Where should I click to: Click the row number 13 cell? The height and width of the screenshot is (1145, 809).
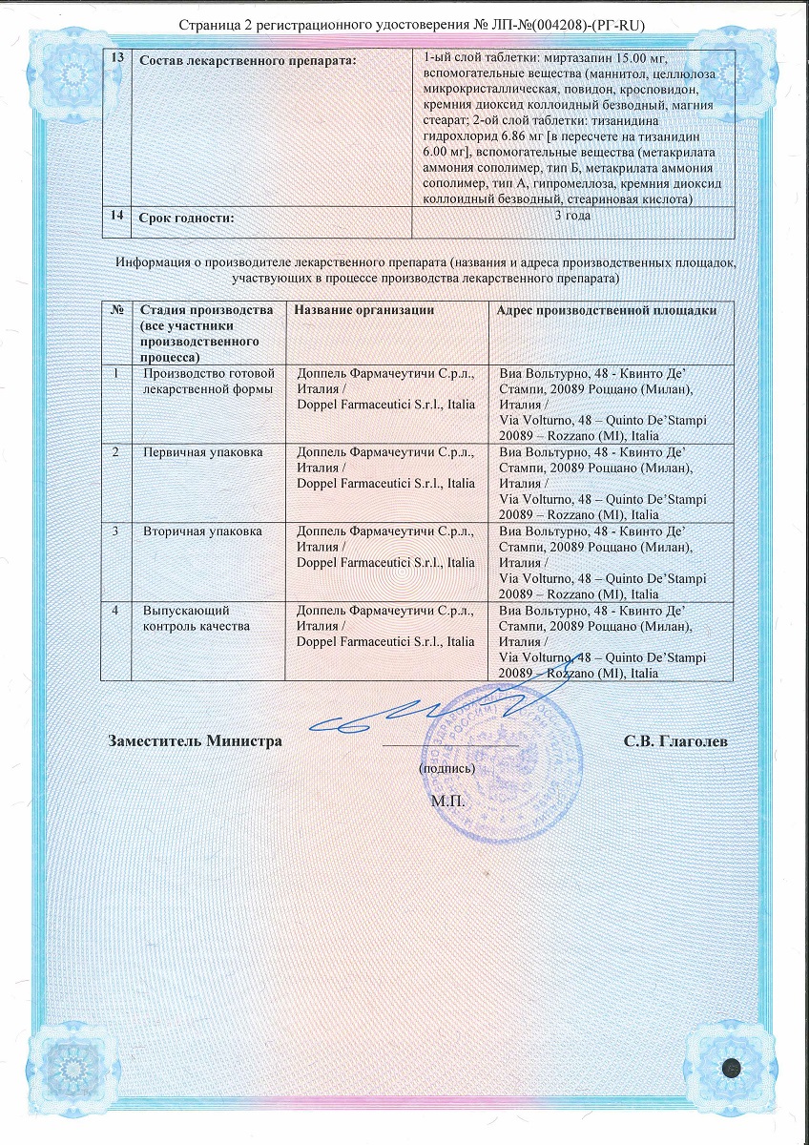[x=116, y=59]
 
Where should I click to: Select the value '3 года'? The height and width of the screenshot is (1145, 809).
[x=572, y=216]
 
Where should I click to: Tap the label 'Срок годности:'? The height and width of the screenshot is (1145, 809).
[x=187, y=219]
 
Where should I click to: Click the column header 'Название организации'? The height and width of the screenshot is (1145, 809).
[x=364, y=309]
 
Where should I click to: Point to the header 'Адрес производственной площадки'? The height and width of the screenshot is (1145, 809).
[x=608, y=309]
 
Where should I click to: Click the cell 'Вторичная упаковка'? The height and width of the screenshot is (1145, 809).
[x=202, y=531]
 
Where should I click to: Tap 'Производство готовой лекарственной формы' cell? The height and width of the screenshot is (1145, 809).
[x=208, y=381]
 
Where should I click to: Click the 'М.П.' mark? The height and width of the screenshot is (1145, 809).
[x=447, y=800]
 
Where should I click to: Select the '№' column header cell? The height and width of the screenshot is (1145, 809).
[x=116, y=309]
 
